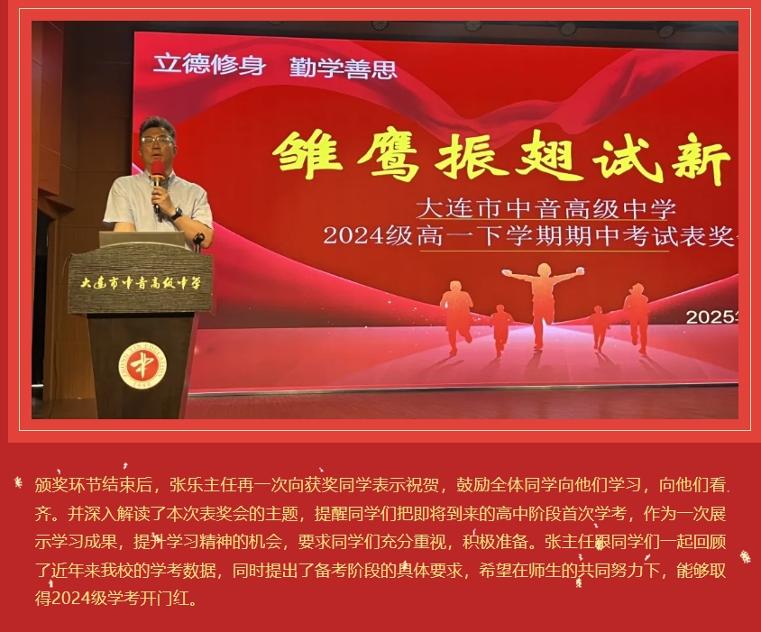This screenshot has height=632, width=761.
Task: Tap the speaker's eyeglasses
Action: pyautogui.click(x=156, y=141)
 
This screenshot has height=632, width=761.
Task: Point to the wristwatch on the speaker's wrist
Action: pyautogui.click(x=177, y=212)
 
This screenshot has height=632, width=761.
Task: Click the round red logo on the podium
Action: pyautogui.click(x=142, y=365)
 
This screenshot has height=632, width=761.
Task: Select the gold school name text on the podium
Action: pyautogui.click(x=141, y=283)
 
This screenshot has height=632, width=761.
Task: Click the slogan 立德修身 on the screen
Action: pyautogui.click(x=209, y=64)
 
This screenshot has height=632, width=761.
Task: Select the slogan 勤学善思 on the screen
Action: pyautogui.click(x=344, y=67)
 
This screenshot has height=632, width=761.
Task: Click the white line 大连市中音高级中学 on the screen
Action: pyautogui.click(x=546, y=208)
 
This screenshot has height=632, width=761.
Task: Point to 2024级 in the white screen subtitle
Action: pyautogui.click(x=367, y=236)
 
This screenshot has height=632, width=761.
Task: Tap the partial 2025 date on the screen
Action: pyautogui.click(x=711, y=317)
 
